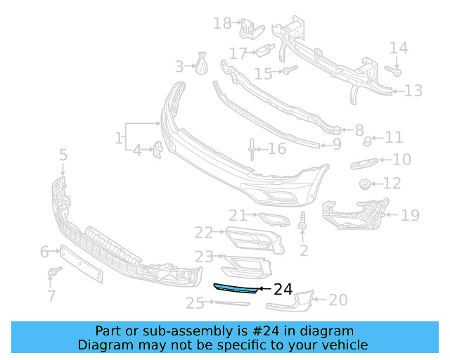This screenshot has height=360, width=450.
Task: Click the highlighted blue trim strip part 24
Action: coord(235,289)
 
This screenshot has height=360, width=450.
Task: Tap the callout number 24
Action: coord(283,289)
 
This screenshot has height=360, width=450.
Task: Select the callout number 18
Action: coord(222,24)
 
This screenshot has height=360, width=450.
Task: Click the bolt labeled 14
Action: coord(394,71)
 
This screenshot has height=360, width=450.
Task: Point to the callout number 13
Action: coord(413,91)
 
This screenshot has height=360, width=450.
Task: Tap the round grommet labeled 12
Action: coord(365,185)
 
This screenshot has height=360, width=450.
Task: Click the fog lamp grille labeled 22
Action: coord(255,240)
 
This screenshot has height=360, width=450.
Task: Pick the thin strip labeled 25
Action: coord(231,304)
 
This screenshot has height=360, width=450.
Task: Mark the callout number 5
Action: coord(63,155)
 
